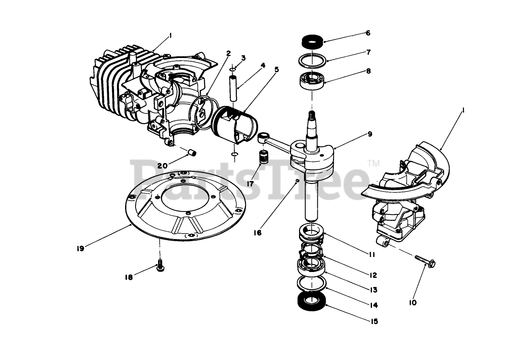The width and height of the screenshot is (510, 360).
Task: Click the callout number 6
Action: pyautogui.click(x=368, y=33)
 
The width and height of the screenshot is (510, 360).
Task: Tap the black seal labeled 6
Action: pyautogui.click(x=312, y=43)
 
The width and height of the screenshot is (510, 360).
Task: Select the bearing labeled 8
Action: pyautogui.click(x=312, y=80)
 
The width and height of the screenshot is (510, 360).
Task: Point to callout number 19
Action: pyautogui.click(x=80, y=249)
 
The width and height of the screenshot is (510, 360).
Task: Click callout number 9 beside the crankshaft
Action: pyautogui.click(x=370, y=134)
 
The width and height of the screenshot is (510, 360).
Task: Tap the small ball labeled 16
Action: pyautogui.click(x=297, y=180)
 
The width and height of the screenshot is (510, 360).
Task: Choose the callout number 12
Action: pyautogui.click(x=373, y=275)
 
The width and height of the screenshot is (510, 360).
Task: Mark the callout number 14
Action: pyautogui.click(x=374, y=305)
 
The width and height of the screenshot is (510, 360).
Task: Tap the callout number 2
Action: pyautogui.click(x=229, y=53)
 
